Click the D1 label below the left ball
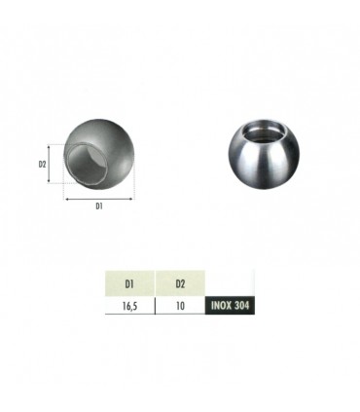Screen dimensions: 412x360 101,206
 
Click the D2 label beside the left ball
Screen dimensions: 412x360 43,165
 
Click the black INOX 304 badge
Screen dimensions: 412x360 234,305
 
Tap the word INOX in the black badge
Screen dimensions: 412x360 223,305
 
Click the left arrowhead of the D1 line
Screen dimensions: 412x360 67,196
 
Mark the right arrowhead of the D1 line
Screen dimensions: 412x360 132,196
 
